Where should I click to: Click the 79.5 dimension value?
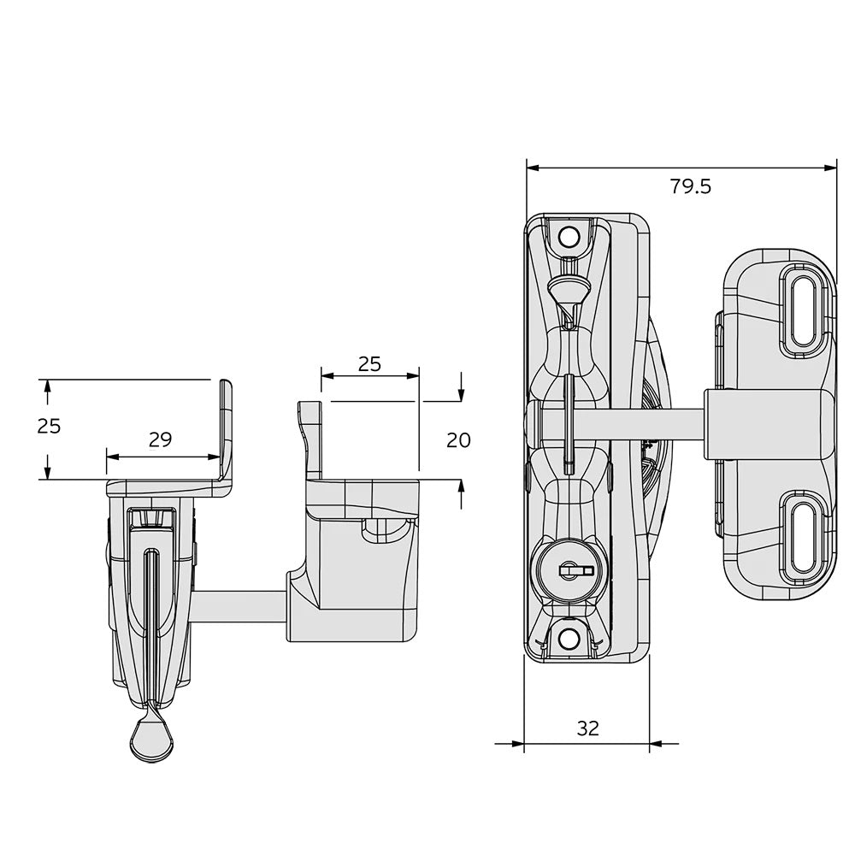coord(690,186)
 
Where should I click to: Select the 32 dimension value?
coord(587,728)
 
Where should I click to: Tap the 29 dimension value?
coord(160,439)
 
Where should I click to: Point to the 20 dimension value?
coord(459,440)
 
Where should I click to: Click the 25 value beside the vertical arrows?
coord(50,425)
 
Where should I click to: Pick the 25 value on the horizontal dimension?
coord(369,363)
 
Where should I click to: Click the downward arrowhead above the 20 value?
coord(461,394)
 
